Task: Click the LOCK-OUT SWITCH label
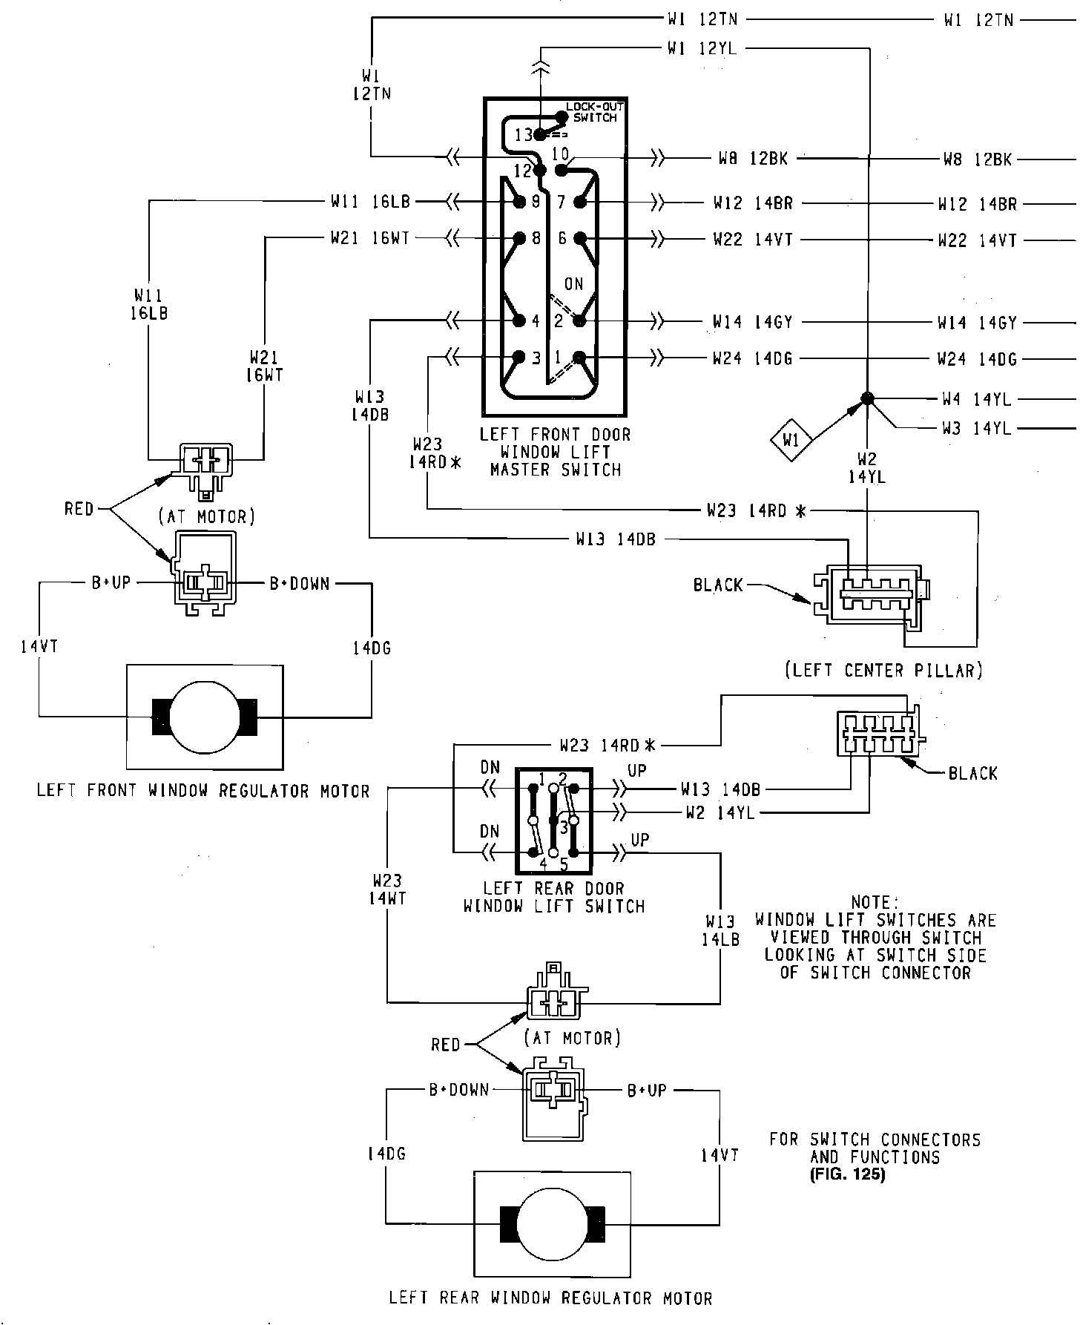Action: tap(595, 112)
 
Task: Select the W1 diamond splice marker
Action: tap(791, 440)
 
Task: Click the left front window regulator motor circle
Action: tap(205, 716)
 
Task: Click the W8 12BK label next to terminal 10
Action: tap(750, 158)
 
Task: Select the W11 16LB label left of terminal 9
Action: tap(369, 201)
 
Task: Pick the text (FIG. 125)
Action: tap(848, 1175)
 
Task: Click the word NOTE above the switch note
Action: tap(875, 903)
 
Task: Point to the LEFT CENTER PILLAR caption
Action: tap(883, 671)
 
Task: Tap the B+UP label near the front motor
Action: tap(111, 583)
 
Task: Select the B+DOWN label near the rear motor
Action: tap(459, 1090)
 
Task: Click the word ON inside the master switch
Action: tap(573, 284)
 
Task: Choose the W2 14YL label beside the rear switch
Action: tap(720, 812)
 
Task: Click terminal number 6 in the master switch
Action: tap(562, 238)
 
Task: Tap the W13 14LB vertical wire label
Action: tap(720, 930)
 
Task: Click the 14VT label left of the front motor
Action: tap(39, 647)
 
